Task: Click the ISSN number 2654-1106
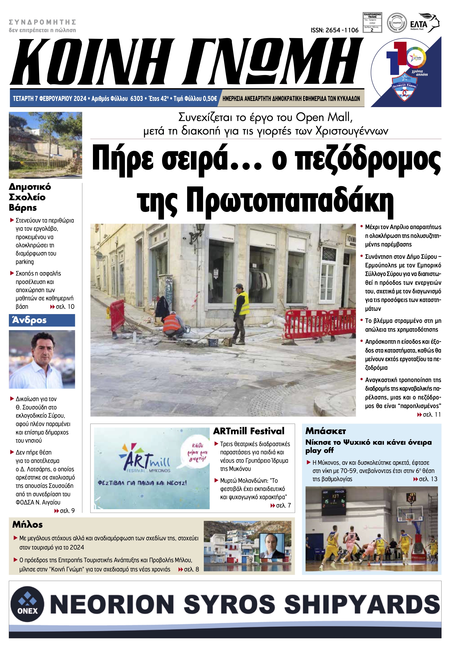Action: (x=334, y=30)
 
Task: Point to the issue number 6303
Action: (x=137, y=98)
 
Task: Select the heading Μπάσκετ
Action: (x=325, y=431)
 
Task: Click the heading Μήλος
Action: (x=27, y=525)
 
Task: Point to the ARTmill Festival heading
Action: (x=249, y=431)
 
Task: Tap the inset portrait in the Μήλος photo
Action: (x=272, y=546)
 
